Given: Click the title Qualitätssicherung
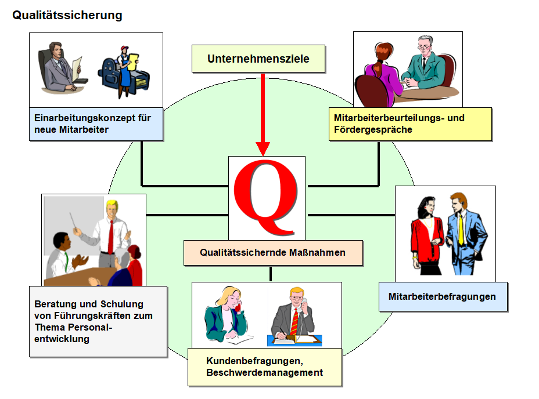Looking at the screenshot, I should (67, 16).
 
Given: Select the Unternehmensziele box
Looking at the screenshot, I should (258, 59).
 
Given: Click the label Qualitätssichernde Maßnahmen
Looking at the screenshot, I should (272, 252).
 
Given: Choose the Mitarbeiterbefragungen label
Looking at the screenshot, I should (442, 296).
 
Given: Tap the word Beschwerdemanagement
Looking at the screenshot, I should (264, 372).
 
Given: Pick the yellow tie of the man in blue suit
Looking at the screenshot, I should (460, 229).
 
